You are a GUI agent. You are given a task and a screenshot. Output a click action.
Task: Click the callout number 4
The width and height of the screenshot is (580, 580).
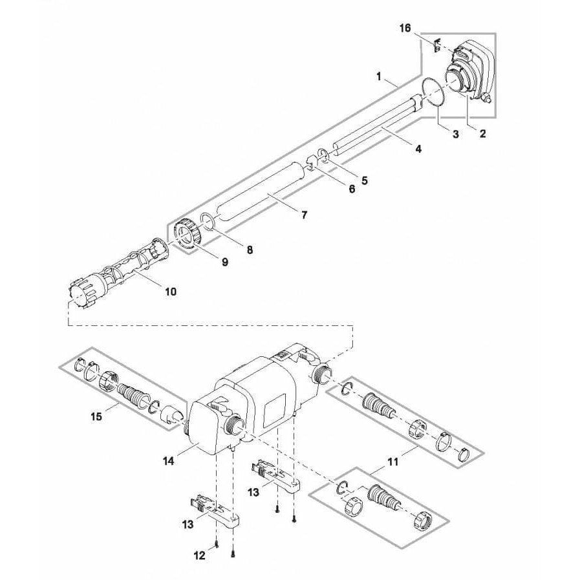pos(418,149)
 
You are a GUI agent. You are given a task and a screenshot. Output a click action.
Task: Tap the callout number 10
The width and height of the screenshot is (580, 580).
pos(170,292)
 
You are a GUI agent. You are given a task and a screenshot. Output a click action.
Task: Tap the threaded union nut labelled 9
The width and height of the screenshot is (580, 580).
pos(187,234)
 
